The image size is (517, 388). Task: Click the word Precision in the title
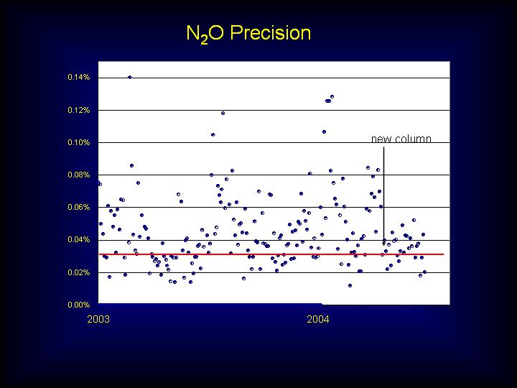(x=271, y=33)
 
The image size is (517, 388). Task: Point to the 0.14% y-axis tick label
(x=79, y=77)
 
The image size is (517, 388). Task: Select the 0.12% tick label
(x=79, y=110)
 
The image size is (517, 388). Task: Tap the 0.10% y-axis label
(x=79, y=142)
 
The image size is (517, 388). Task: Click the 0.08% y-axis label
(x=79, y=175)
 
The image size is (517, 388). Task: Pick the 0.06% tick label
(x=79, y=207)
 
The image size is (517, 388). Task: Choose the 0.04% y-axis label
(x=79, y=239)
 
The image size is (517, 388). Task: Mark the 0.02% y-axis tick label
(x=79, y=272)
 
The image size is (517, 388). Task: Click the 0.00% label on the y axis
(x=79, y=305)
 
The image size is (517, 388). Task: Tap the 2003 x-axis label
(x=98, y=319)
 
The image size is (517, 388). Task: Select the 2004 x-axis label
(x=318, y=319)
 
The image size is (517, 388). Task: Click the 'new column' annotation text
(x=401, y=139)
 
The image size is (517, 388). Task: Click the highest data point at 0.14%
(x=129, y=77)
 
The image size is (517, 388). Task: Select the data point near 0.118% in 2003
(x=223, y=114)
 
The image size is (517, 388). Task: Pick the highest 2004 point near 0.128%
(x=332, y=97)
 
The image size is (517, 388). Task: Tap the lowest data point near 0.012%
(x=350, y=286)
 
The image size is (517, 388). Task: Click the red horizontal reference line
(x=271, y=254)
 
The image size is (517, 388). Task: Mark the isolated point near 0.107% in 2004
(x=324, y=132)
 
